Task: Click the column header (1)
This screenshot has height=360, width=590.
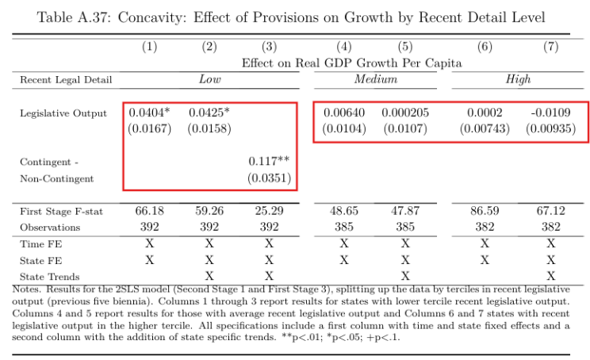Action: point(150,47)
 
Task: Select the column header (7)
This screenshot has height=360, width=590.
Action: point(550,47)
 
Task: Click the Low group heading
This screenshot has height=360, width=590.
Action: point(209,79)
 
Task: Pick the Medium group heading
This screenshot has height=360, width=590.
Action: point(375,79)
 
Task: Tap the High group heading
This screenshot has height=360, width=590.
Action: point(518,79)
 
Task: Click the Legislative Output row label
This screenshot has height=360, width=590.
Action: point(63,113)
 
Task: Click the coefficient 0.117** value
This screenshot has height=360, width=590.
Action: point(270,162)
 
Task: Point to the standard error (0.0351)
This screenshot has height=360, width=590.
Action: point(270,179)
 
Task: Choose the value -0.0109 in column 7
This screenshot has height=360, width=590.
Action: point(550,113)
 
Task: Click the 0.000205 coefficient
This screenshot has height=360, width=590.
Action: point(405,113)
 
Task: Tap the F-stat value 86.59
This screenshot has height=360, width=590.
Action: point(485,212)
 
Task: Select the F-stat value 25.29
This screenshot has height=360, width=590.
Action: point(270,212)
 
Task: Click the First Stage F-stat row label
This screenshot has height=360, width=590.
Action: point(63,212)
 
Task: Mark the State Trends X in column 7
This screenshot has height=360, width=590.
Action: point(550,276)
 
